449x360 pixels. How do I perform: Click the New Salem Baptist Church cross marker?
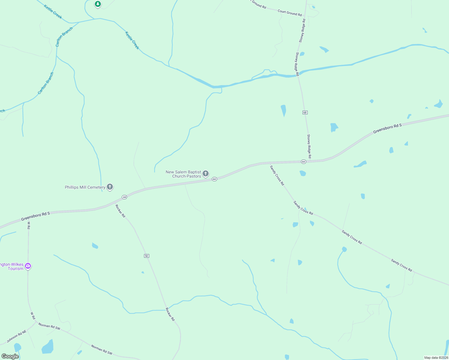[206, 173]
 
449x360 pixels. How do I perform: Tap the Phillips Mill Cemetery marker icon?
[110, 187]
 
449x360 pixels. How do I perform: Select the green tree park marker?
[98, 4]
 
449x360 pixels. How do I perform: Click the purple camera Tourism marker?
[28, 266]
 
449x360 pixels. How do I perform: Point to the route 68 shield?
[305, 112]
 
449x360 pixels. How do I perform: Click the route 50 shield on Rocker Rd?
[146, 256]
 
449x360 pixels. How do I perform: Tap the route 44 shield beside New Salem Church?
[214, 179]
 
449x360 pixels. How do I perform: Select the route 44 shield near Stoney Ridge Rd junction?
[303, 162]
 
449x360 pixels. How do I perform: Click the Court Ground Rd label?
[290, 13]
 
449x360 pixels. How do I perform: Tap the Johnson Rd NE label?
[17, 336]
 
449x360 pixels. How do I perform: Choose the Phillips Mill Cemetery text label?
[85, 187]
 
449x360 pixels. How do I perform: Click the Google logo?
[10, 356]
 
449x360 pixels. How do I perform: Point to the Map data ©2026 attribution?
[436, 358]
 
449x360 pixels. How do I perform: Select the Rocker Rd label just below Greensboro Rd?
[120, 211]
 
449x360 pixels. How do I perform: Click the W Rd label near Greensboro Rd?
[29, 225]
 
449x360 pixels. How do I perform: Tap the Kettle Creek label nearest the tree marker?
[53, 12]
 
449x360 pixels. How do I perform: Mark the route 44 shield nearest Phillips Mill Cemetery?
[125, 197]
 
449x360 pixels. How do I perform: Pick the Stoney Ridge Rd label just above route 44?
[309, 146]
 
